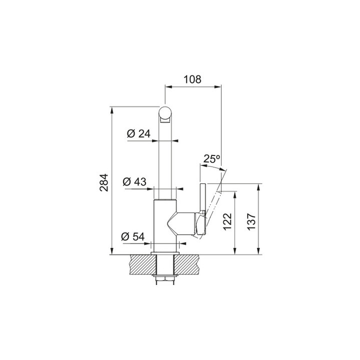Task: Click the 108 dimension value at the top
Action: [192, 79]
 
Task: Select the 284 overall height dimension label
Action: [104, 182]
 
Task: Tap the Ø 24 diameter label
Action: [138, 133]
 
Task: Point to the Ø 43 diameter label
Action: [134, 181]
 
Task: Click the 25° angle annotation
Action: [211, 158]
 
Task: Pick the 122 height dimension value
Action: [227, 221]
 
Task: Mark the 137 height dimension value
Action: [251, 221]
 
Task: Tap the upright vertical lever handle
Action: [203, 198]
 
